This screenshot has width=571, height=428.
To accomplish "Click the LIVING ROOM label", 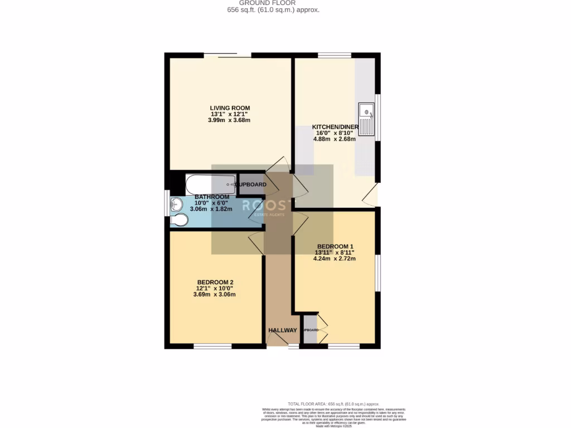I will (x=230, y=108).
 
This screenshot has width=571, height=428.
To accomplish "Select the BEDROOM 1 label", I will (x=335, y=246).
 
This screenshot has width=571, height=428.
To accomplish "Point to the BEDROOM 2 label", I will (x=215, y=282).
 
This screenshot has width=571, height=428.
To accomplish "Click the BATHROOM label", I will (x=212, y=197).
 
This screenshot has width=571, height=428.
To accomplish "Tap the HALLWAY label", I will (x=283, y=330).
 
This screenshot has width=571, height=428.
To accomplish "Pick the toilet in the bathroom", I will (x=180, y=221).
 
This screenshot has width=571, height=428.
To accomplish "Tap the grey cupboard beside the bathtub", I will (x=251, y=184).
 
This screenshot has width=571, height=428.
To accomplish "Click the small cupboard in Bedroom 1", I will (x=310, y=330).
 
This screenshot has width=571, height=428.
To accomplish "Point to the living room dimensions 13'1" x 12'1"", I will (x=230, y=114).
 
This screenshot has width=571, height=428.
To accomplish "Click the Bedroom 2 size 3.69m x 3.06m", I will (x=215, y=294).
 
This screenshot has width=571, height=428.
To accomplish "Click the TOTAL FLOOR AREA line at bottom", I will (x=333, y=403).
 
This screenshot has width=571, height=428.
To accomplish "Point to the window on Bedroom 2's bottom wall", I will (x=212, y=346).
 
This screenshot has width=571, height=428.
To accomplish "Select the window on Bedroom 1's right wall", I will (x=378, y=273).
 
